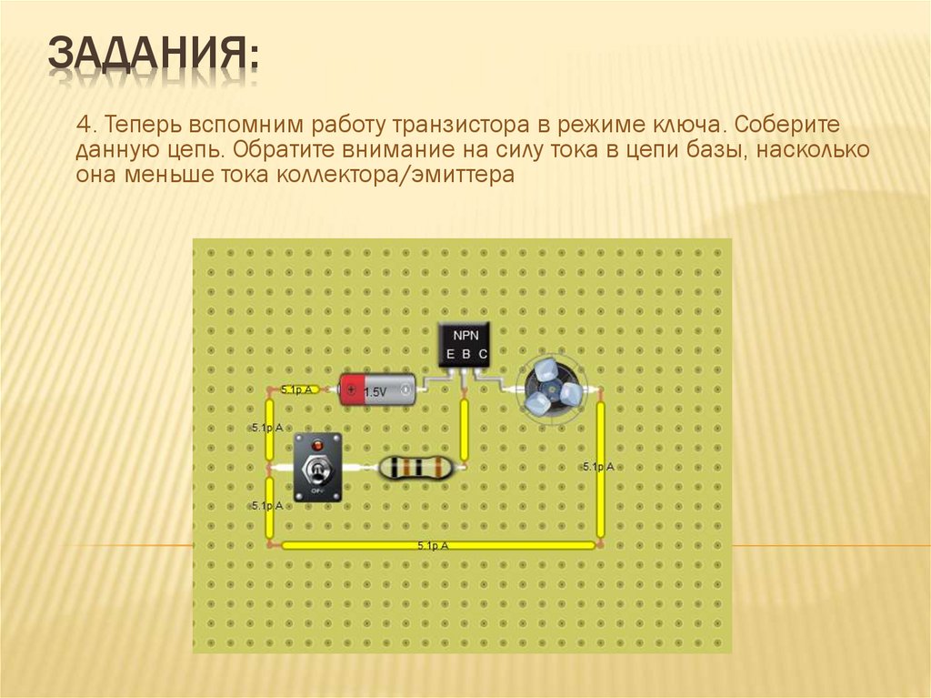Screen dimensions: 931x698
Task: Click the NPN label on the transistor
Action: click(x=465, y=334)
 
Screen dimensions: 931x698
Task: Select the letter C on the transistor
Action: click(x=483, y=353)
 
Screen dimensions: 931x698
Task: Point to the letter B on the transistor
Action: click(x=465, y=353)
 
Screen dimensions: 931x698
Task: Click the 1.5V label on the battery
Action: click(x=375, y=392)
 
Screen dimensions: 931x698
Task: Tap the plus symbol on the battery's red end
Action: click(x=350, y=390)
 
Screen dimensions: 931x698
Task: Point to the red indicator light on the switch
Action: click(x=317, y=445)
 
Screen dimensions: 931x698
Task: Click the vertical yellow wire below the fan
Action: click(x=600, y=469)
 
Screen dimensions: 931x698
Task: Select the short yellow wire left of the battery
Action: click(x=297, y=389)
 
